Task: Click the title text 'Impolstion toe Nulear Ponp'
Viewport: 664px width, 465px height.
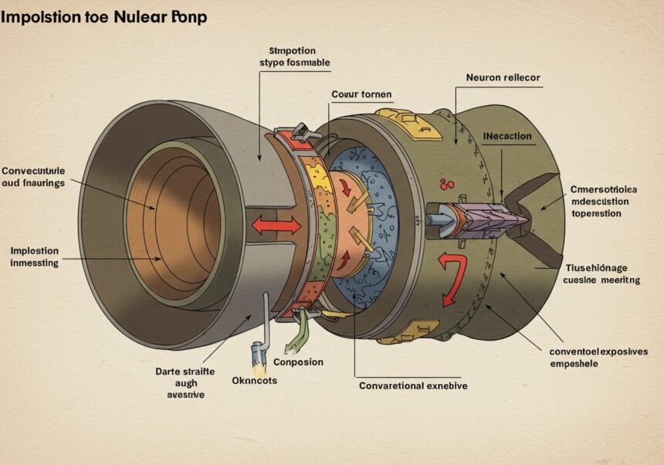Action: click(x=103, y=17)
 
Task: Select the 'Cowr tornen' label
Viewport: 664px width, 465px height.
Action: click(x=361, y=94)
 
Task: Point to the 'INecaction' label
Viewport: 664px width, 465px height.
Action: click(x=507, y=136)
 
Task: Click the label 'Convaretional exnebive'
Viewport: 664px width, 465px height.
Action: click(x=413, y=385)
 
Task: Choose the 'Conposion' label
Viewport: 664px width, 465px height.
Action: click(x=298, y=361)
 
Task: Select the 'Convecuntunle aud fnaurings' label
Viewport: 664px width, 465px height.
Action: click(x=35, y=177)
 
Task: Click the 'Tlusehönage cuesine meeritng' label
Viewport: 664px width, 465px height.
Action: click(x=598, y=274)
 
